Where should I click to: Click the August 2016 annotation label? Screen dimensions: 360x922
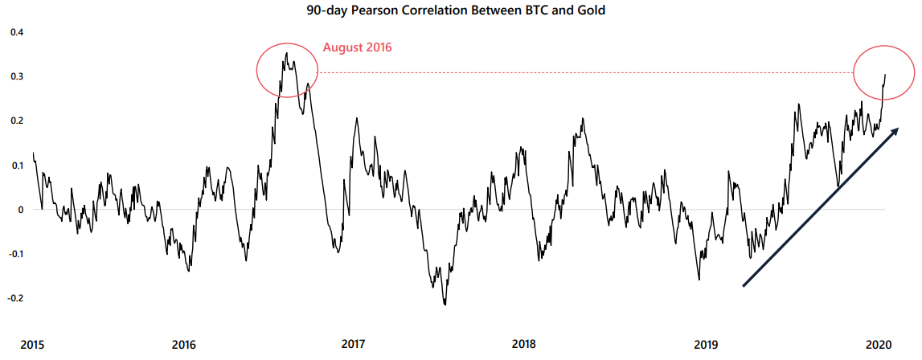coord(357,47)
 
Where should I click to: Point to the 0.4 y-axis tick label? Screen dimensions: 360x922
coord(17,32)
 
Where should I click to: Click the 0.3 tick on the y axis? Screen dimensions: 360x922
coord(17,76)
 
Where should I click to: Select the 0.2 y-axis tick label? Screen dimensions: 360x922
coord(17,121)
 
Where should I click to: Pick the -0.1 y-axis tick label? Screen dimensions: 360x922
coord(15,254)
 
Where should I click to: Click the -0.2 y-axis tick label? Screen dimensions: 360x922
coord(15,298)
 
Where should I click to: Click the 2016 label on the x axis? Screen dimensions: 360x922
coord(184,344)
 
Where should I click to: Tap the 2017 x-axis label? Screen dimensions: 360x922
coord(354,344)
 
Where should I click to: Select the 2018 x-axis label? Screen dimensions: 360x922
coord(523,344)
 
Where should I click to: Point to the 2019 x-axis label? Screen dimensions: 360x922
coord(707,344)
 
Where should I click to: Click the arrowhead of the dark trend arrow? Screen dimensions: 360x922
coord(895,130)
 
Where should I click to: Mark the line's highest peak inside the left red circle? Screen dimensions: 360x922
coord(287,54)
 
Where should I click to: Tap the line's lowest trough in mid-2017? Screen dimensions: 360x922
coord(445,305)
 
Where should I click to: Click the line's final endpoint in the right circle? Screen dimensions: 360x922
coord(885,76)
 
